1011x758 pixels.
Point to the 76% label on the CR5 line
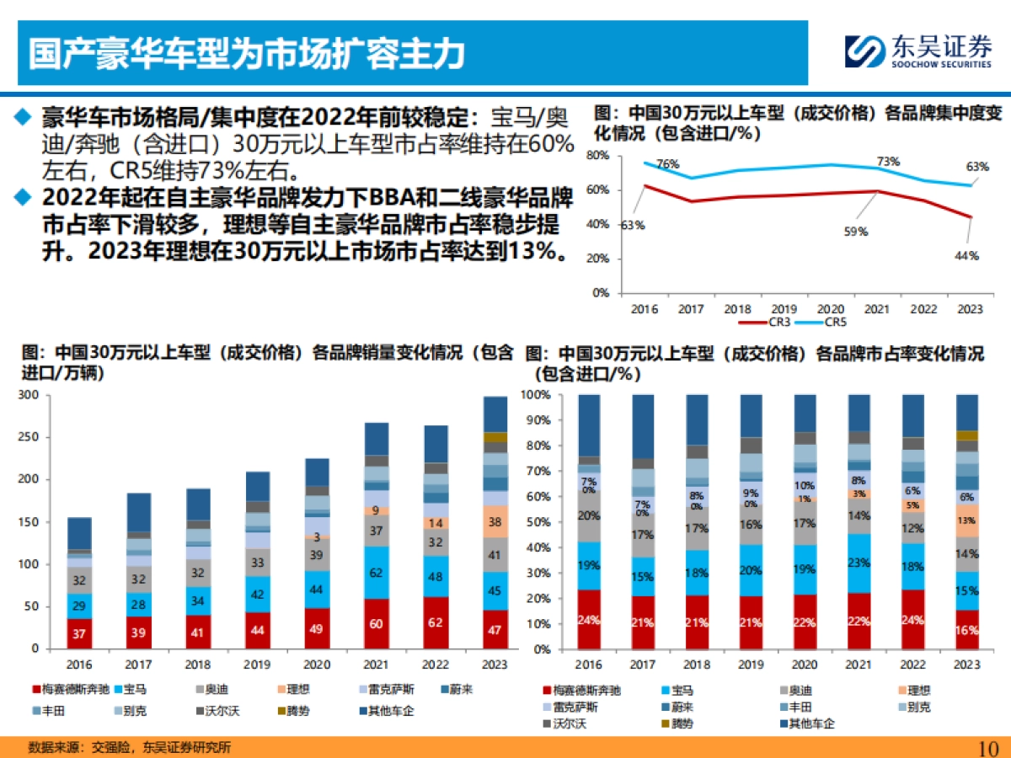[668, 164]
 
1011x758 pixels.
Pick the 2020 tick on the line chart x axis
[831, 310]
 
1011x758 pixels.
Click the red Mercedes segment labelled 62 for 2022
[436, 623]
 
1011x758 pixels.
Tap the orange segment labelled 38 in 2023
[495, 521]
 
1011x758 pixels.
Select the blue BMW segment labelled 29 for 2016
[79, 606]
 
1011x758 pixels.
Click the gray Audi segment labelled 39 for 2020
[317, 554]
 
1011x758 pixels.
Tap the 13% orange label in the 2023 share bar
[967, 520]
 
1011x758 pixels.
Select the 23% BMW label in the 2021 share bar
[859, 563]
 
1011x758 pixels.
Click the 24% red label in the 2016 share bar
[589, 621]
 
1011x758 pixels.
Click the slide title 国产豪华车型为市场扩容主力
[247, 53]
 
